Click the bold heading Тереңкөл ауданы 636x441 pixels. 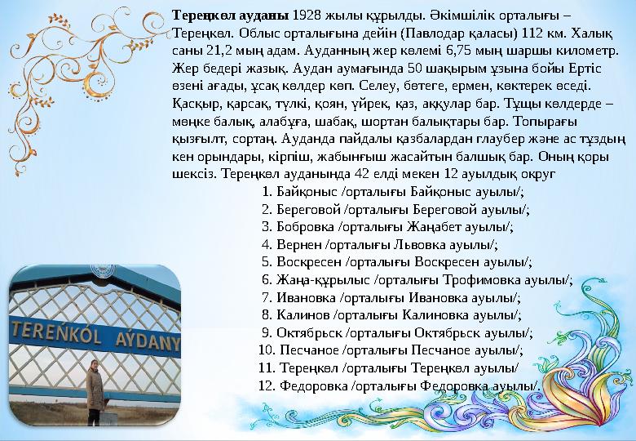pyautogui.click(x=230, y=15)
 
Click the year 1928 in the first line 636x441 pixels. pyautogui.click(x=307, y=15)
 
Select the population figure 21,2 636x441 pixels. pyautogui.click(x=213, y=51)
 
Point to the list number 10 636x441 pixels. pyautogui.click(x=264, y=350)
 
